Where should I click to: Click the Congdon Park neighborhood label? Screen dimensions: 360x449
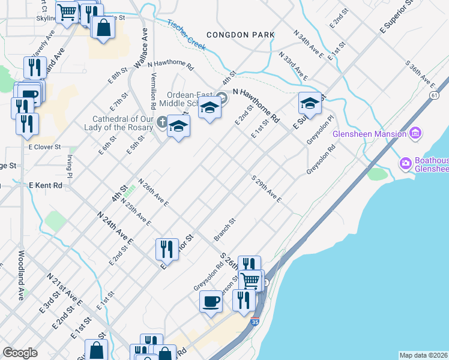click(x=240, y=35)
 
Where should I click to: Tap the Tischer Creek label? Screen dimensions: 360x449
click(x=187, y=32)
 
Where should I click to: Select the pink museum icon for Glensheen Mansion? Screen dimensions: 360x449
click(x=415, y=133)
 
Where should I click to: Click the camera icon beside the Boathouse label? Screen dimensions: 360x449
click(x=406, y=163)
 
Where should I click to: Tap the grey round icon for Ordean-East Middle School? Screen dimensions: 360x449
click(x=222, y=97)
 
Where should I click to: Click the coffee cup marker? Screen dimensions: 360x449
click(x=211, y=301)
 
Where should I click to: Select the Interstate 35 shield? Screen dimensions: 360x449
click(x=255, y=322)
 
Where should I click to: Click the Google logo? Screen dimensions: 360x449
click(x=20, y=352)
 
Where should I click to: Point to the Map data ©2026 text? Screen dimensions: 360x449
click(x=423, y=355)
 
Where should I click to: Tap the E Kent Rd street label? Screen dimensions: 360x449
click(x=46, y=186)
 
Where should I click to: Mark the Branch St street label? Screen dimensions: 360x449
click(x=225, y=228)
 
